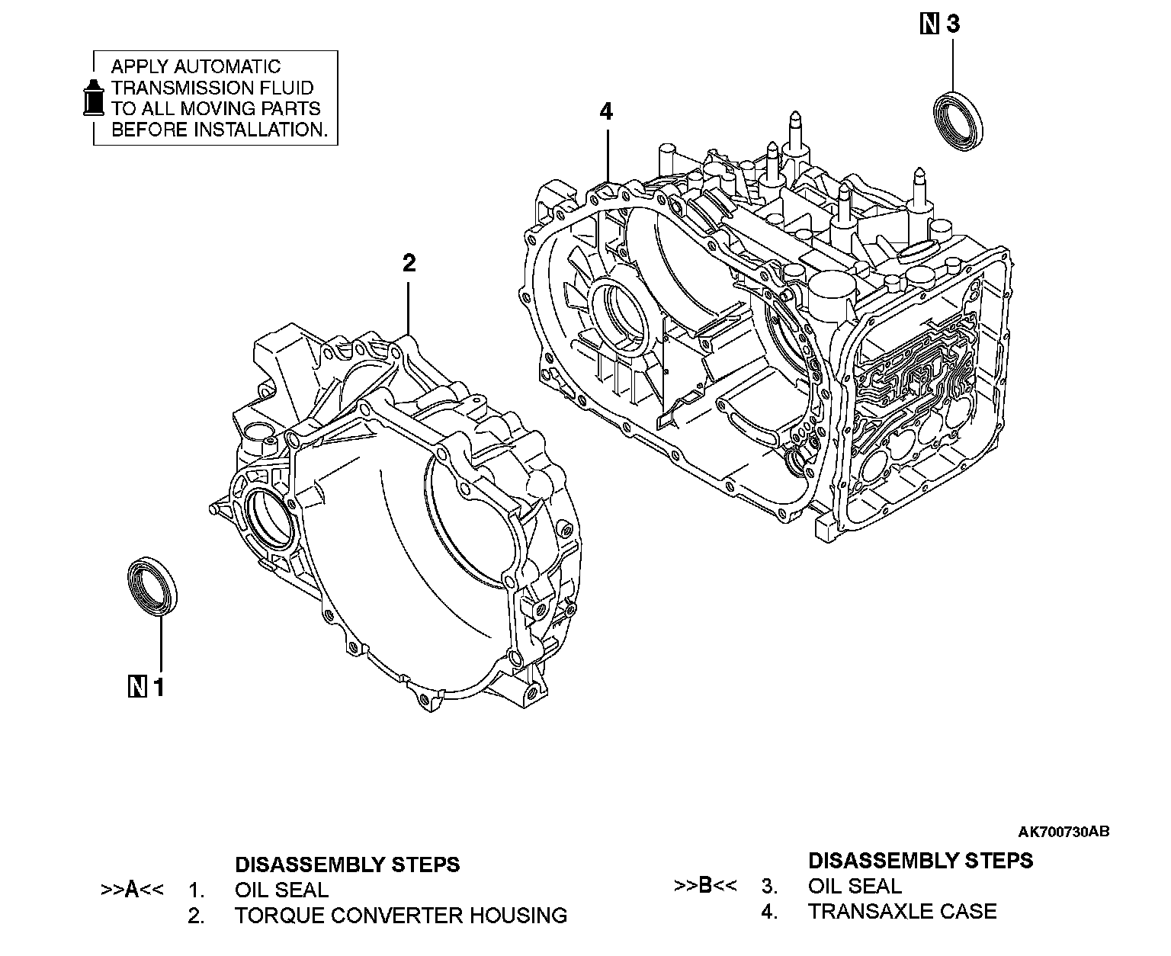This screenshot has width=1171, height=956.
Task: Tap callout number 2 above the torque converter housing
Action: tap(409, 264)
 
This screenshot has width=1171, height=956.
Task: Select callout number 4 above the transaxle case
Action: tap(606, 112)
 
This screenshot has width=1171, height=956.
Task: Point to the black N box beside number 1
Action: tap(137, 687)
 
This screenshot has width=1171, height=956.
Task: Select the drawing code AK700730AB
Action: tap(1063, 832)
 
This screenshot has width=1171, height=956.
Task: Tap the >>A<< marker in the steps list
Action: tap(132, 890)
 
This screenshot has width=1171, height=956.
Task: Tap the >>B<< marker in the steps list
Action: tap(705, 886)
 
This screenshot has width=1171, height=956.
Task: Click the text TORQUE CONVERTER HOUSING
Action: tap(401, 916)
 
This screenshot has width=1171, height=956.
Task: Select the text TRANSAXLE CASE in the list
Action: tap(902, 912)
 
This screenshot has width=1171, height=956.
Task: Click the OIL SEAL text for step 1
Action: tap(281, 890)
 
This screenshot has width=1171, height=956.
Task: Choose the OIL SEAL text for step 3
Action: tap(855, 887)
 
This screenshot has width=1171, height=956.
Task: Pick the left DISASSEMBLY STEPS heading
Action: tap(347, 865)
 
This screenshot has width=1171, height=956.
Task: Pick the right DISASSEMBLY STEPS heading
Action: tap(920, 861)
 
